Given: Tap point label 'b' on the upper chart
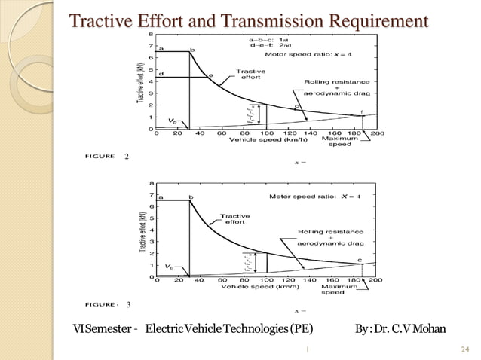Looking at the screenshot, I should click(191, 50).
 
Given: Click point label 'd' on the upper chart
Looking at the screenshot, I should click(162, 73).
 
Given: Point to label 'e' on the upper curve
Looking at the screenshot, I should click(210, 75).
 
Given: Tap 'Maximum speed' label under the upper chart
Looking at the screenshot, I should click(339, 142).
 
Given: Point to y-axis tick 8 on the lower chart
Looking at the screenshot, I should click(154, 182).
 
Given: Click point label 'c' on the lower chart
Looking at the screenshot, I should click(360, 260).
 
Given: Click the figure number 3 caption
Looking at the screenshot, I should click(129, 304).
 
